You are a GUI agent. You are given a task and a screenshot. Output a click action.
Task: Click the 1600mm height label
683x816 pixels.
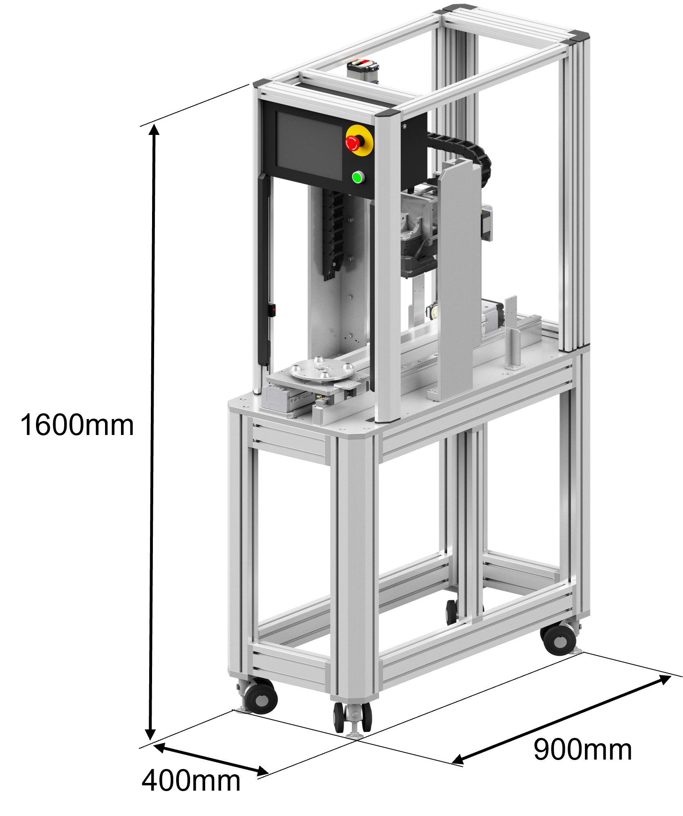pos(77,425)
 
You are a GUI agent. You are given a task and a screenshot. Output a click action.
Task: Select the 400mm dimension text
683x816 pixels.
pos(191,780)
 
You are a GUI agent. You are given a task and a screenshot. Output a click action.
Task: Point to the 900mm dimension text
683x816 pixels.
pos(582,749)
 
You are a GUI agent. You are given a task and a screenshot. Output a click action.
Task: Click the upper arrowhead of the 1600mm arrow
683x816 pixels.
pos(154,130)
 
